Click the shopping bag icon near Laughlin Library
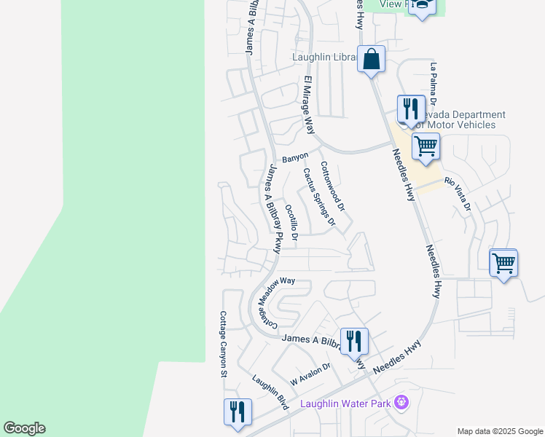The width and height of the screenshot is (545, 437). pyautogui.click(x=371, y=59)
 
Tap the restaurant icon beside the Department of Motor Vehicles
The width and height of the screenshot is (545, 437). pyautogui.click(x=411, y=109)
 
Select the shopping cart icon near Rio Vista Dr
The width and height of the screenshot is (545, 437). pyautogui.click(x=426, y=145)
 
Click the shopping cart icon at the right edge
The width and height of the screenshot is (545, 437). pyautogui.click(x=503, y=262)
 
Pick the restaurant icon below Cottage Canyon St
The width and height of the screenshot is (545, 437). pyautogui.click(x=238, y=412)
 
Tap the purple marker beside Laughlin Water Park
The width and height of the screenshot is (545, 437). pyautogui.click(x=400, y=401)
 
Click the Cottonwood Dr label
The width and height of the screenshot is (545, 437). pyautogui.click(x=332, y=186)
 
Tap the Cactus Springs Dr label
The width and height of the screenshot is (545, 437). pyautogui.click(x=319, y=196)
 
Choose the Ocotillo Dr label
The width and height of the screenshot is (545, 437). pyautogui.click(x=291, y=223)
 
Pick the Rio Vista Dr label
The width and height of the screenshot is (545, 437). pyautogui.click(x=458, y=194)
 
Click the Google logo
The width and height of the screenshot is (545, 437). pyautogui.click(x=24, y=428)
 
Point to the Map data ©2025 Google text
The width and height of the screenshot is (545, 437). pyautogui.click(x=501, y=431)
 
